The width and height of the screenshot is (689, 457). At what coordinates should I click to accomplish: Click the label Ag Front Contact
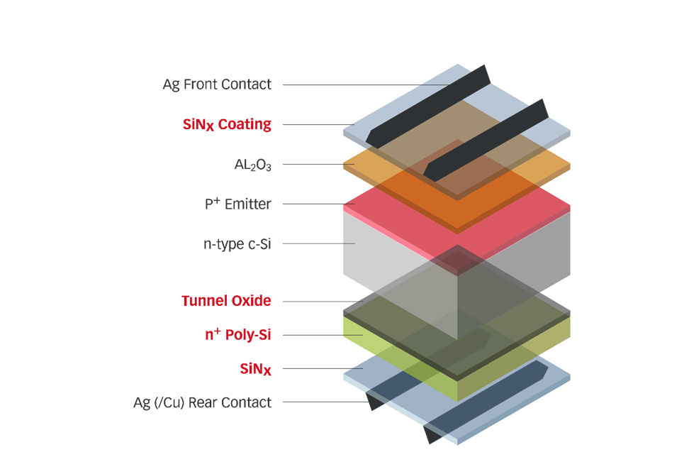[217, 84]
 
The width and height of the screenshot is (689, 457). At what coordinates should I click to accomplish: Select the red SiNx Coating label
[227, 125]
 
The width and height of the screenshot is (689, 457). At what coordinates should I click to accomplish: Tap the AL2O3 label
[252, 165]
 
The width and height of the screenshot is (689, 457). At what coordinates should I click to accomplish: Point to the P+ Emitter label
[237, 204]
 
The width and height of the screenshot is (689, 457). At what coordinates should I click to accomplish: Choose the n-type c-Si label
[237, 244]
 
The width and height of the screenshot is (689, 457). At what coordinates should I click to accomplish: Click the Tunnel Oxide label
[226, 301]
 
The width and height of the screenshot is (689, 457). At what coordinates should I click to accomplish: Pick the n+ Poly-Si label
[237, 335]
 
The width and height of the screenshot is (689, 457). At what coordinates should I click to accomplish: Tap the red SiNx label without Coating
[256, 369]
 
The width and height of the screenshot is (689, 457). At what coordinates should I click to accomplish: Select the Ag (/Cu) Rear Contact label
[202, 402]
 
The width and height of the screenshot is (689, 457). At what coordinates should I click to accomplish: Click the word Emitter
[247, 204]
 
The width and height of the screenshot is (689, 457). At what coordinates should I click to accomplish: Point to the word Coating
[245, 125]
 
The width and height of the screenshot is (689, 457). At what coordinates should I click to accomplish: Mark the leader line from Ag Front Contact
[354, 85]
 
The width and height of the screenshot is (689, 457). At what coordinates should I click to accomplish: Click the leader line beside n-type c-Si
[319, 244]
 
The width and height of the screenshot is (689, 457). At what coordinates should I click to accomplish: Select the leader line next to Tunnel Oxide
[312, 302]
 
